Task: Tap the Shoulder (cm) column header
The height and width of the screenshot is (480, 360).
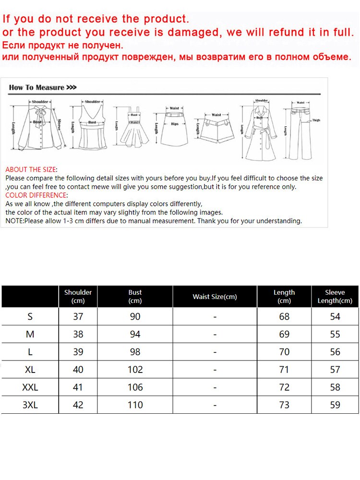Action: [x=78, y=296]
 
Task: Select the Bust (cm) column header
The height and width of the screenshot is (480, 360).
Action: [x=135, y=296]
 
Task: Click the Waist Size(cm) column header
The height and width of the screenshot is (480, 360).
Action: [x=215, y=297]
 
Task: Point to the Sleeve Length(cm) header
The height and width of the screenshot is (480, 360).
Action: [x=335, y=296]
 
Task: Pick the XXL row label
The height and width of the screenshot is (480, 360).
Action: [x=30, y=387]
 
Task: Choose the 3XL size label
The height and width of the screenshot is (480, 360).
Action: [x=30, y=405]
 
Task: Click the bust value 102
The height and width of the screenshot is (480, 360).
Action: [x=135, y=370]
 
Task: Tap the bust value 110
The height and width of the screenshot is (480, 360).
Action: [x=135, y=405]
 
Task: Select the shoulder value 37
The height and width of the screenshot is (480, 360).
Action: [x=78, y=316]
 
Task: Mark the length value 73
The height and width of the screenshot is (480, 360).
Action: [x=284, y=405]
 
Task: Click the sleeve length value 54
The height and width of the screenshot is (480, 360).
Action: [x=335, y=316]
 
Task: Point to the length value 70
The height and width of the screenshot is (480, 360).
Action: [x=284, y=352]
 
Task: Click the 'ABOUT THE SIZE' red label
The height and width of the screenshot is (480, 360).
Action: [x=31, y=169]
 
